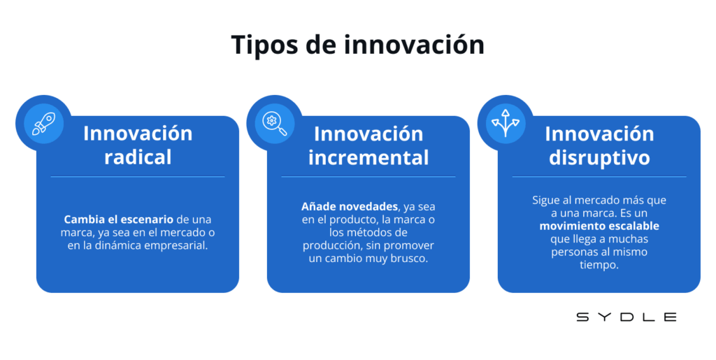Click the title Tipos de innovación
pos(357,45)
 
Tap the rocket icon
pos(43,124)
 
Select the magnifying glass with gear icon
pos(274,124)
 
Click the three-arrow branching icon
pos(506,123)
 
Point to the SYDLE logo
pos(626,317)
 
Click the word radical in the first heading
pos(138,157)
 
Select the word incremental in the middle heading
pos(368,157)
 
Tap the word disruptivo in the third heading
pos(599,158)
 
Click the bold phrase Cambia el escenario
pos(119,219)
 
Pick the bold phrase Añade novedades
pos(350,207)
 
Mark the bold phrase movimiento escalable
pos(599,226)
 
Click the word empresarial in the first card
pos(176,245)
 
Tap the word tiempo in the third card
pos(599,265)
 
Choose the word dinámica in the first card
pos(120,245)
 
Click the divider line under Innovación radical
pos(138,177)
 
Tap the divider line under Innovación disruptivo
pos(599,177)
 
